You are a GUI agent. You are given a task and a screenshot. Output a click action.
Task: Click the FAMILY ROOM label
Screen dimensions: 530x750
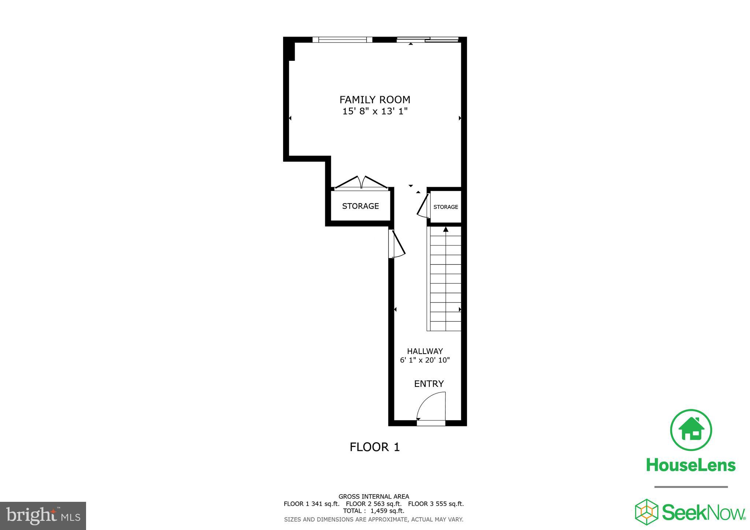(375, 100)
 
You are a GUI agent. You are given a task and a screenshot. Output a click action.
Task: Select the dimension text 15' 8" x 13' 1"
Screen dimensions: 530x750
(375, 111)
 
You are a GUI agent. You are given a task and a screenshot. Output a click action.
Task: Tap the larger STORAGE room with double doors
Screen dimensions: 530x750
(360, 206)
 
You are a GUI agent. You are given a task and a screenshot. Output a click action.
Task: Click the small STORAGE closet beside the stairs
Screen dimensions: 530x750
(446, 207)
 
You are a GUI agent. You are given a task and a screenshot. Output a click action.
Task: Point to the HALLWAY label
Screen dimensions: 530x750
(425, 351)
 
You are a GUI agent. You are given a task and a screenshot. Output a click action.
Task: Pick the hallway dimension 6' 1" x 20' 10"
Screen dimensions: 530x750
(425, 360)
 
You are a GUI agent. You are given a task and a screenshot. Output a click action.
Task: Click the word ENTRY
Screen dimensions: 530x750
(429, 384)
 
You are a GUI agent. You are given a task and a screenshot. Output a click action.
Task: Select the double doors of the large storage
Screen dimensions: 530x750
(361, 182)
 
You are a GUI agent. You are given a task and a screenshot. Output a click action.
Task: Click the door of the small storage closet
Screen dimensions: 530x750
(424, 206)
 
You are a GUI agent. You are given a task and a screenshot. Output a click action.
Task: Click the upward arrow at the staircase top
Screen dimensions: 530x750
(446, 229)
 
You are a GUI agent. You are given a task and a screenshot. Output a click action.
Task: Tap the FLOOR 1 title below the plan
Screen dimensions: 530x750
(375, 447)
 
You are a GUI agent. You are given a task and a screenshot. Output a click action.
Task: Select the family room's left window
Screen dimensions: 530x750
(342, 40)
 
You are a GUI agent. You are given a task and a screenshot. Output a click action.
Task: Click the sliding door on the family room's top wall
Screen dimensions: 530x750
(428, 40)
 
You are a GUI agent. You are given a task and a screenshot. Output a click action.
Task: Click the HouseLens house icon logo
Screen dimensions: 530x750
(691, 430)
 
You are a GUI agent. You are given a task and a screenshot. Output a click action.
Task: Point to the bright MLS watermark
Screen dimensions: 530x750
(43, 516)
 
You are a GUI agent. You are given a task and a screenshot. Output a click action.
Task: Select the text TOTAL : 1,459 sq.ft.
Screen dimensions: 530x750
(374, 511)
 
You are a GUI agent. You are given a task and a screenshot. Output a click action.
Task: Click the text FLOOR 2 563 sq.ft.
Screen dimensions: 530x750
(374, 504)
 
